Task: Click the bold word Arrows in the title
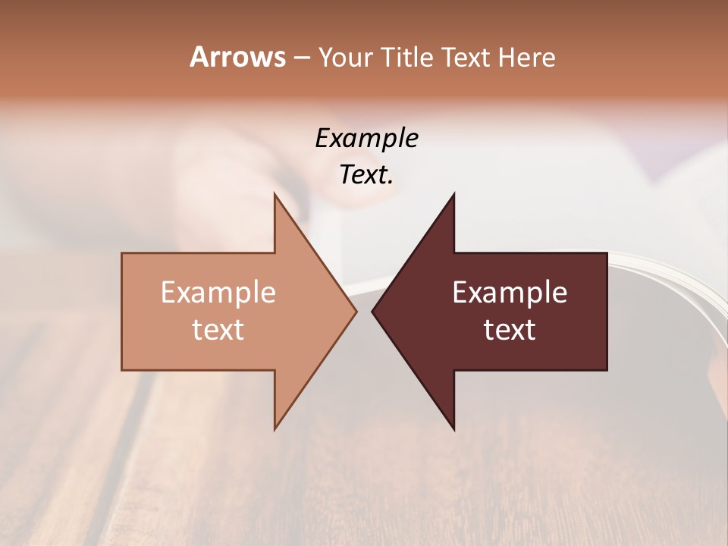[x=237, y=57]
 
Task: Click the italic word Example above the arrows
[x=366, y=138]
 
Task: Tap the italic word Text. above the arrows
[x=366, y=175]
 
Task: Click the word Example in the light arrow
[x=218, y=293]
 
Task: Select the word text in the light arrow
[x=218, y=330]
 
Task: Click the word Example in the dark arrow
[x=510, y=293]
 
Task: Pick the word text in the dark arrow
[x=510, y=330]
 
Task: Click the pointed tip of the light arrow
[x=356, y=311]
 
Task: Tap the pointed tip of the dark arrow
[x=372, y=311]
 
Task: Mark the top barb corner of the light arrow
[x=275, y=193]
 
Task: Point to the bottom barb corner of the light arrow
[x=275, y=429]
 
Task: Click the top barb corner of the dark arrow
[x=454, y=193]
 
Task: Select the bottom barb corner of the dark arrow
[x=454, y=429]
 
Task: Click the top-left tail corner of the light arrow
[x=122, y=253]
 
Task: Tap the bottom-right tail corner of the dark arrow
[x=607, y=369]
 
